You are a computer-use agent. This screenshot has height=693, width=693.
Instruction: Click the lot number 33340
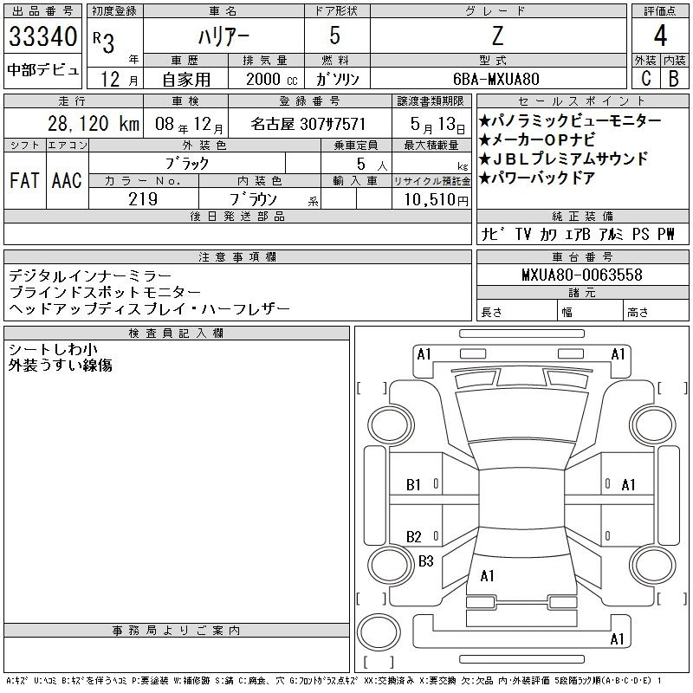coord(42,36)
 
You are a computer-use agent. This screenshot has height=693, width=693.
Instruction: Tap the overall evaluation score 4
coord(660,36)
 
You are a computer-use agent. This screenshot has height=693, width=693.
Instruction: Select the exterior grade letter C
coord(645,78)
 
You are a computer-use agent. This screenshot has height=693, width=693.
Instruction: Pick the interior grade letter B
coord(674,78)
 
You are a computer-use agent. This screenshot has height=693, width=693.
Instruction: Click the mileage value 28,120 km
coord(94,124)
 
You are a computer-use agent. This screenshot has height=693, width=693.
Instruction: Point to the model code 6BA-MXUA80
coord(496,79)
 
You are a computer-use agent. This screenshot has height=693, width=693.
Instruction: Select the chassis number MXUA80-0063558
coord(581,275)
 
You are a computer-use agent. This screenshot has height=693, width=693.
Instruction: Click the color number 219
coord(143,199)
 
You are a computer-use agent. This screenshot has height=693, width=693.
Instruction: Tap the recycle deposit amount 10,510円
coord(436,200)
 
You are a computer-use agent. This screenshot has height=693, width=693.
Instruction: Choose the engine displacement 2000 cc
coord(272,79)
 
